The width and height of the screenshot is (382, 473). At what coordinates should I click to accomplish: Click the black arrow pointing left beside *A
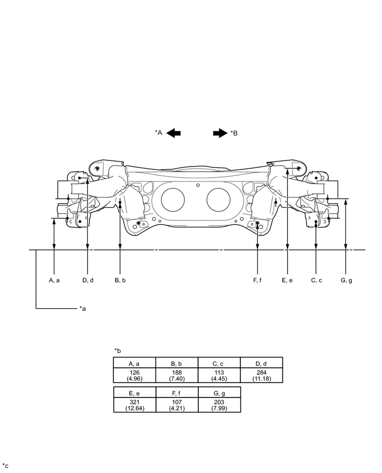point(173,133)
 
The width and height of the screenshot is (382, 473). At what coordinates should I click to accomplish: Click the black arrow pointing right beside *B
point(220,133)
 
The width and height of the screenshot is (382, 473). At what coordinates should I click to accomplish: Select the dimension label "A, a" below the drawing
point(54,280)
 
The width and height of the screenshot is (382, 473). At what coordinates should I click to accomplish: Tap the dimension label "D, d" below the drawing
point(88,280)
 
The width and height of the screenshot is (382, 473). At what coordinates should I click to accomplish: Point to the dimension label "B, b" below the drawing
point(120,280)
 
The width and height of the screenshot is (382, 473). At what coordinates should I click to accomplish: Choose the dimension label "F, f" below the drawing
point(258,280)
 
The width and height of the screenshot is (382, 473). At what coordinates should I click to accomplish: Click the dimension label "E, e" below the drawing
point(287,280)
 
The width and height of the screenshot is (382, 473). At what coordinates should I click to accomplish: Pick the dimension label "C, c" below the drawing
point(316,280)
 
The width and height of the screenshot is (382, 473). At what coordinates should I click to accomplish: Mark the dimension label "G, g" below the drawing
point(346,280)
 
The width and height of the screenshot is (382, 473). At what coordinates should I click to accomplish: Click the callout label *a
point(82,308)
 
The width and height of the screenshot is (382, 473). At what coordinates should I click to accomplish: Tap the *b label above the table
point(117,350)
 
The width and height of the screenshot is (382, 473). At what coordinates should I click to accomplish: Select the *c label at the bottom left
point(6,465)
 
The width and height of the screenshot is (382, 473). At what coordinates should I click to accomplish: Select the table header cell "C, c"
point(219,362)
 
